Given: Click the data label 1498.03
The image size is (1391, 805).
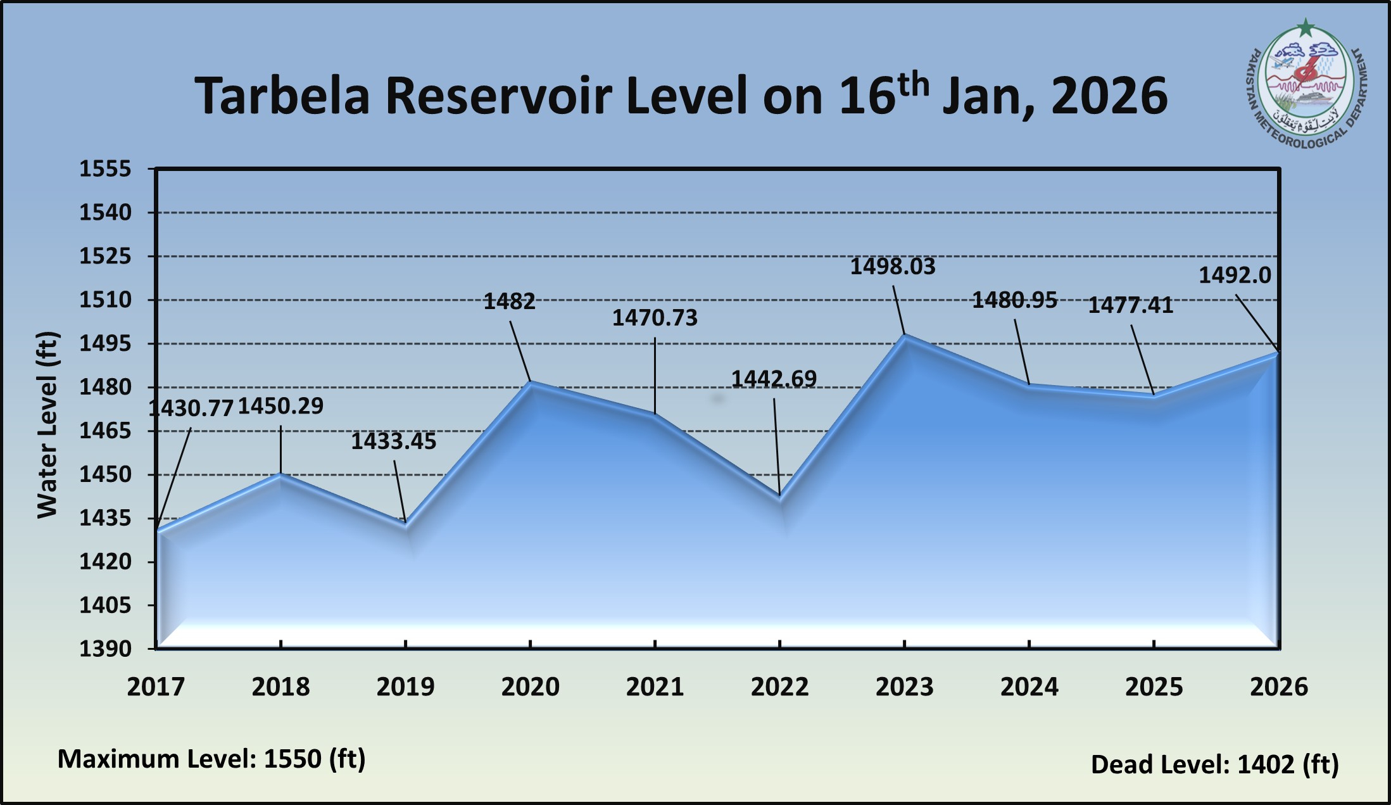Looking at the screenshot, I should pos(892,267).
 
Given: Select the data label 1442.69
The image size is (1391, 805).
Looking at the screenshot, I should pos(774,379).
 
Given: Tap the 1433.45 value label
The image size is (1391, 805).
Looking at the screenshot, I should pos(393,441).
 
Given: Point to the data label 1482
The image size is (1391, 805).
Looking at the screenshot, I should pos(509,301).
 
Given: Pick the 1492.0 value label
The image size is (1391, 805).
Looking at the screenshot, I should pos(1235,276).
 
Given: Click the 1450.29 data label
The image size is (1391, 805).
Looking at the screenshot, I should pos(280,406).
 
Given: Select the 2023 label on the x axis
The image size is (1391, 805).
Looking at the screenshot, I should pos(904,687).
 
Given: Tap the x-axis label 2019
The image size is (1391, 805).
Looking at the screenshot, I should pos(405,687).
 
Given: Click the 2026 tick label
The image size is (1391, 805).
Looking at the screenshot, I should pos(1278,687).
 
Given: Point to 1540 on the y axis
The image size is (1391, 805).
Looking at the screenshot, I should pos(105,213).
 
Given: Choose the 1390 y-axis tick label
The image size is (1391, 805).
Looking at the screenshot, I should pos(105,649).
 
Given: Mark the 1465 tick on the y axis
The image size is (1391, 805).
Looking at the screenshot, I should pos(105,431).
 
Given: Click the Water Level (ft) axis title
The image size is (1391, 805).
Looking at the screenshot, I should pos(47,424).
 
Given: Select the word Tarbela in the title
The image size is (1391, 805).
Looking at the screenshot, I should pos(282,96).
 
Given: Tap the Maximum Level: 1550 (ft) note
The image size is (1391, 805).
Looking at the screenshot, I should pos(211,759).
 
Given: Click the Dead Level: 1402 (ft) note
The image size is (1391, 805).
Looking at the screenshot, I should pos(1214,764).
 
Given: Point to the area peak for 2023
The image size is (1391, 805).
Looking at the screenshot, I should pos(905,335).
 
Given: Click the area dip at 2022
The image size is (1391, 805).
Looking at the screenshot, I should pos(780,496).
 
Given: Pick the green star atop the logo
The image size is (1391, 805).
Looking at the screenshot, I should pos(1306,28).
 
